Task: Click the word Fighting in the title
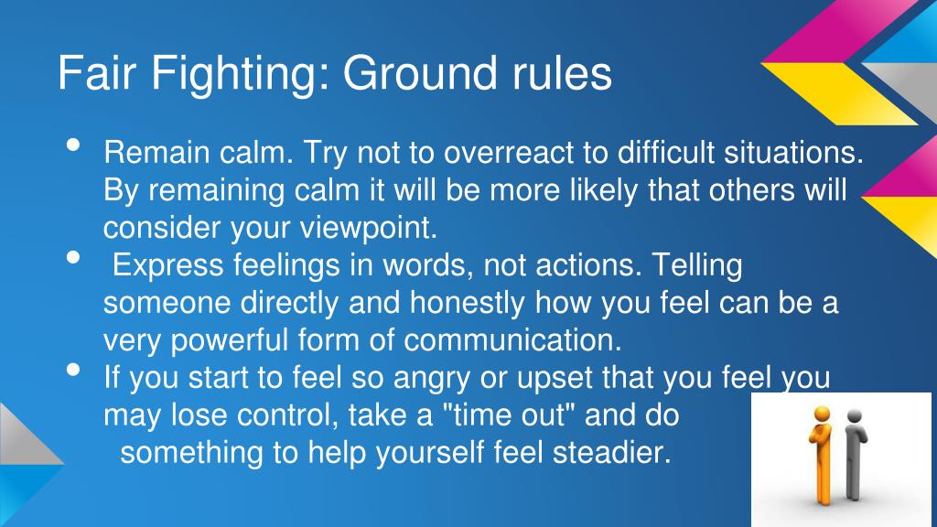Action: [x=242, y=74]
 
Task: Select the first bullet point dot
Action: [x=74, y=145]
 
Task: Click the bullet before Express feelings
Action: [x=74, y=259]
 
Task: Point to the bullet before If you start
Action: [x=74, y=371]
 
